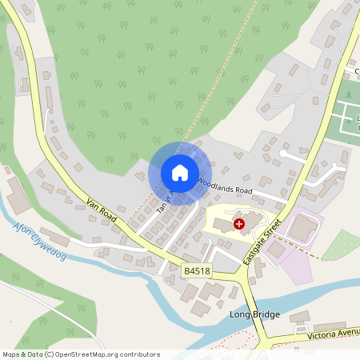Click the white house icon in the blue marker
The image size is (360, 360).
pyautogui.click(x=180, y=173)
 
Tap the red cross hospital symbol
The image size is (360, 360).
pyautogui.click(x=238, y=225)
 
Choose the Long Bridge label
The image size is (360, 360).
pyautogui.click(x=254, y=314)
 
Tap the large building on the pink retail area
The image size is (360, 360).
pyautogui.click(x=302, y=229)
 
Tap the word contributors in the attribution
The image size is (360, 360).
pyautogui.click(x=138, y=354)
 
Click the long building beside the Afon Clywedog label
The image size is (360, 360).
pyautogui.click(x=54, y=237)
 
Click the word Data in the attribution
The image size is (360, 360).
pyautogui.click(x=35, y=354)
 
